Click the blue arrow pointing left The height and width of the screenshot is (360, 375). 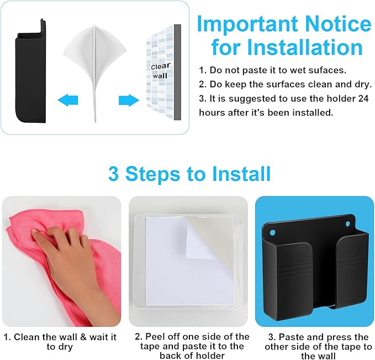[x=68, y=100]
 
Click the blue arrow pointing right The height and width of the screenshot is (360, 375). [x=129, y=100]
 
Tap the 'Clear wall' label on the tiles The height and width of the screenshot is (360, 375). [x=160, y=71]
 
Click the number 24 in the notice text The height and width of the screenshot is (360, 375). [x=363, y=98]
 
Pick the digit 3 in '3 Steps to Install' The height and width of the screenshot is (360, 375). [x=114, y=174]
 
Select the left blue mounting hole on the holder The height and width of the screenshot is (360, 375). [x=271, y=233]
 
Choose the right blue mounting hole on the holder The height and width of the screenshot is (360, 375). [x=347, y=224]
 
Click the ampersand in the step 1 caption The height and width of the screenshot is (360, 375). [x=83, y=337]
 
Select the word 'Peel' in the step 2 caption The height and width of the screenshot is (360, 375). [x=155, y=337]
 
